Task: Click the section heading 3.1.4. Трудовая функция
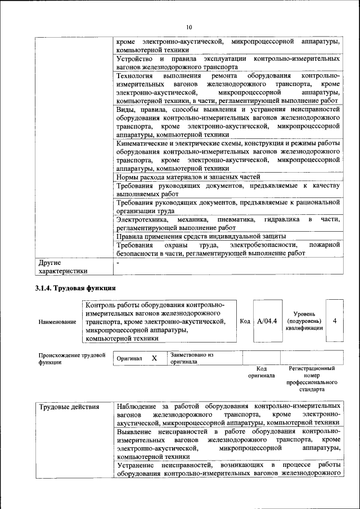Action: click(76, 287)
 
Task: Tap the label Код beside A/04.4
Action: click(245, 321)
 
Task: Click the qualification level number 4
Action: click(335, 321)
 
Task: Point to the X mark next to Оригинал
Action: click(154, 358)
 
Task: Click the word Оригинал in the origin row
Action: click(129, 358)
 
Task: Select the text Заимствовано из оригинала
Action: click(192, 358)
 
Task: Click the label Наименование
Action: click(57, 322)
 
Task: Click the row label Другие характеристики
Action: click(62, 266)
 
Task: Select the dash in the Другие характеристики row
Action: click(118, 262)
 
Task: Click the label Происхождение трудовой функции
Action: click(72, 358)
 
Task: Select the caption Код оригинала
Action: click(262, 372)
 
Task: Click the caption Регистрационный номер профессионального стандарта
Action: click(312, 379)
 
